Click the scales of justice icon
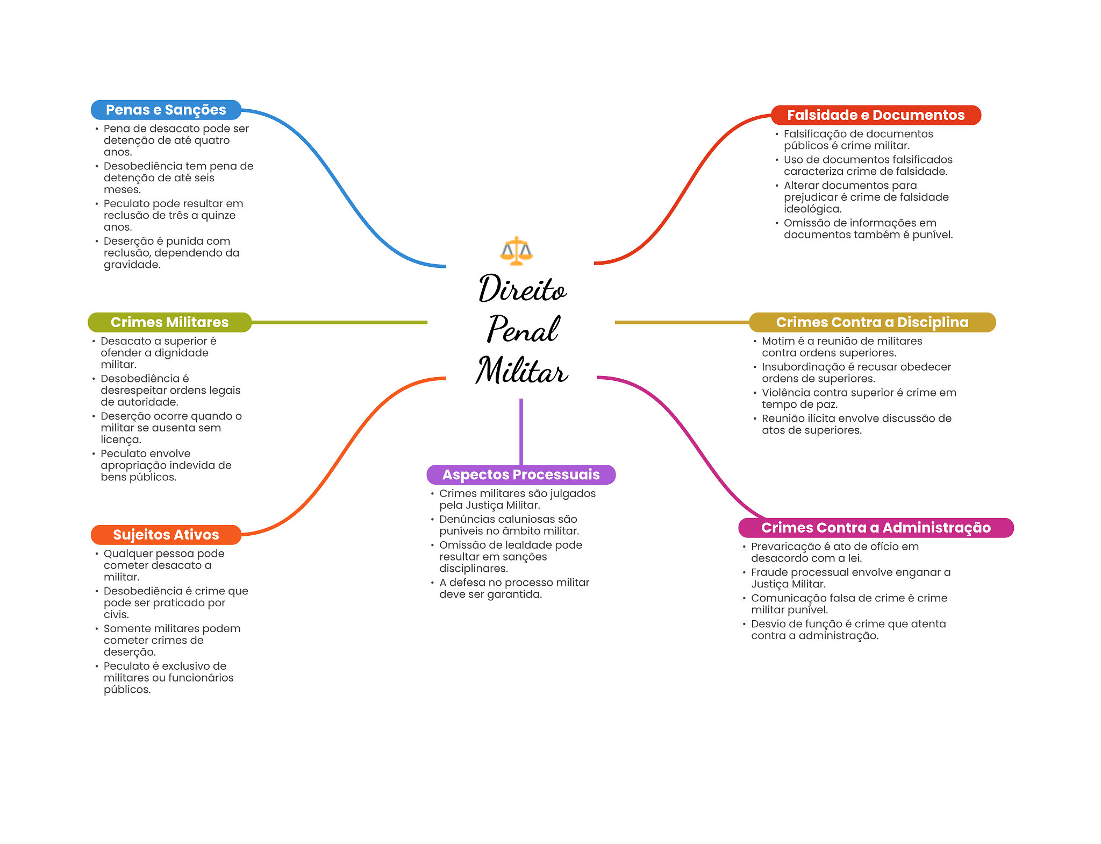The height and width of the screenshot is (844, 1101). (516, 251)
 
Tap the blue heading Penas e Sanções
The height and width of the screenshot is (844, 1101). (166, 110)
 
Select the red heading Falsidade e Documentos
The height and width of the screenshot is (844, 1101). (876, 115)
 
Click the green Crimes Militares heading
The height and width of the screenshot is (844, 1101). (169, 322)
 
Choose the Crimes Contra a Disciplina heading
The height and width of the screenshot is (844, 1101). (872, 322)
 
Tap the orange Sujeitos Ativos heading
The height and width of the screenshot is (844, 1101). (166, 535)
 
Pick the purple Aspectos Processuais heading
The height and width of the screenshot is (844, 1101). (520, 474)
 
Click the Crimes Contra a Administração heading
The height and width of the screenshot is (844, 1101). (876, 528)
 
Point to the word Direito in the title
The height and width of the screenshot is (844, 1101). (522, 289)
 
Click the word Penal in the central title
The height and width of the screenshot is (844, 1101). (523, 329)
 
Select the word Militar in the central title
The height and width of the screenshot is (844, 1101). (521, 371)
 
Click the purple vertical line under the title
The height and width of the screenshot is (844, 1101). (521, 430)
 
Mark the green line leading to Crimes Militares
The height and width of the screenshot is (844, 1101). (339, 322)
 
